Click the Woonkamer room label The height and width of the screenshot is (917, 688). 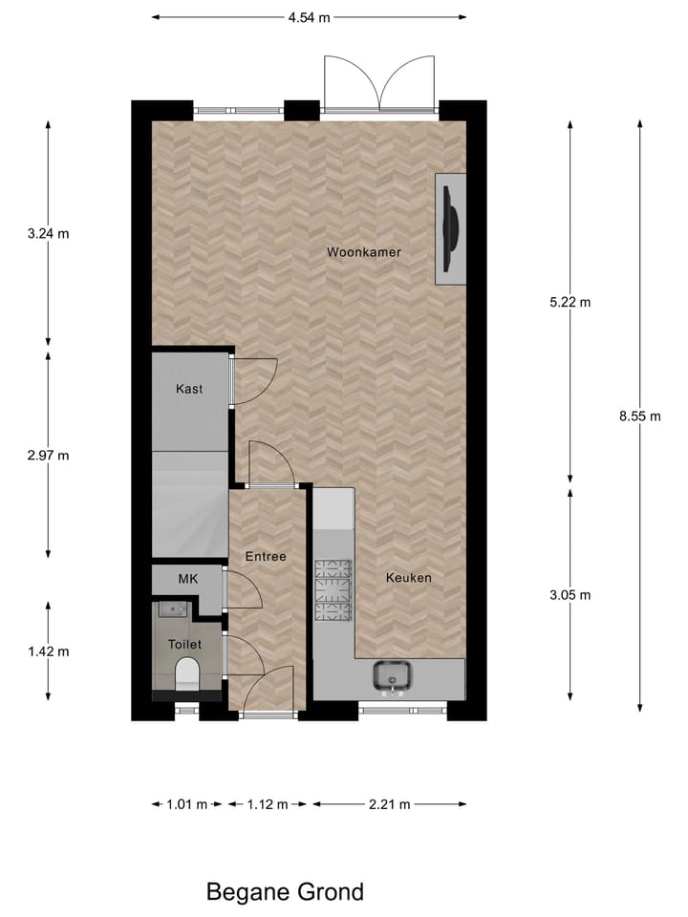pyautogui.click(x=363, y=252)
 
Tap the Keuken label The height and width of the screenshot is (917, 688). pyautogui.click(x=409, y=578)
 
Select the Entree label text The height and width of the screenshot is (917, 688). pyautogui.click(x=266, y=556)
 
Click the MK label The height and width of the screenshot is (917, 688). pyautogui.click(x=187, y=579)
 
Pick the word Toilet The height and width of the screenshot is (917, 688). pyautogui.click(x=185, y=645)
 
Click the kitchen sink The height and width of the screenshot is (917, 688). pyautogui.click(x=393, y=676)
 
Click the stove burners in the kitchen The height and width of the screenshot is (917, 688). pyautogui.click(x=333, y=589)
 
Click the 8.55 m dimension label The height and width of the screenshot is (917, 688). pyautogui.click(x=640, y=416)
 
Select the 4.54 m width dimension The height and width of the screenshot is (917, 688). pyautogui.click(x=309, y=17)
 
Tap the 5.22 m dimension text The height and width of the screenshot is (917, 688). pyautogui.click(x=570, y=303)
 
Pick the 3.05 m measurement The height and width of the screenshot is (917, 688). pyautogui.click(x=570, y=594)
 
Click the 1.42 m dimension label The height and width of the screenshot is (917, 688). pyautogui.click(x=49, y=651)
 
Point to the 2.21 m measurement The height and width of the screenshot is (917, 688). pyautogui.click(x=390, y=804)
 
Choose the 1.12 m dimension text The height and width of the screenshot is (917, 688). pyautogui.click(x=268, y=804)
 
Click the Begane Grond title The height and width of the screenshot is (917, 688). pyautogui.click(x=285, y=892)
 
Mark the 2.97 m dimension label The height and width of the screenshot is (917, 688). pyautogui.click(x=49, y=455)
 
